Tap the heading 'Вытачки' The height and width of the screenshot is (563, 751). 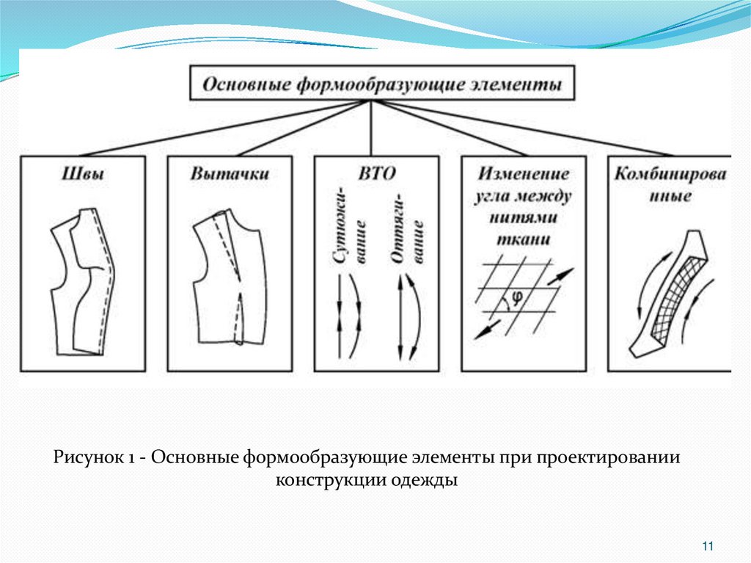pyautogui.click(x=230, y=175)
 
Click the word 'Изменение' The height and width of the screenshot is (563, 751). pyautogui.click(x=524, y=175)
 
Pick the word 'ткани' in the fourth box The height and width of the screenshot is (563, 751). pyautogui.click(x=524, y=240)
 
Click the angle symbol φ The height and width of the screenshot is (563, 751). pyautogui.click(x=516, y=297)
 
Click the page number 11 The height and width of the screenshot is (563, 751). pyautogui.click(x=708, y=545)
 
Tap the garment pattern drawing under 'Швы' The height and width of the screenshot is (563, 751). pyautogui.click(x=81, y=283)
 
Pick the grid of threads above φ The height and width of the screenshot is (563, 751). pyautogui.click(x=516, y=283)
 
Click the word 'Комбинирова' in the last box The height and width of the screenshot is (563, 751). pyautogui.click(x=670, y=175)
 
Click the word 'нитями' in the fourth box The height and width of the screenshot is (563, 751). pyautogui.click(x=524, y=218)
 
